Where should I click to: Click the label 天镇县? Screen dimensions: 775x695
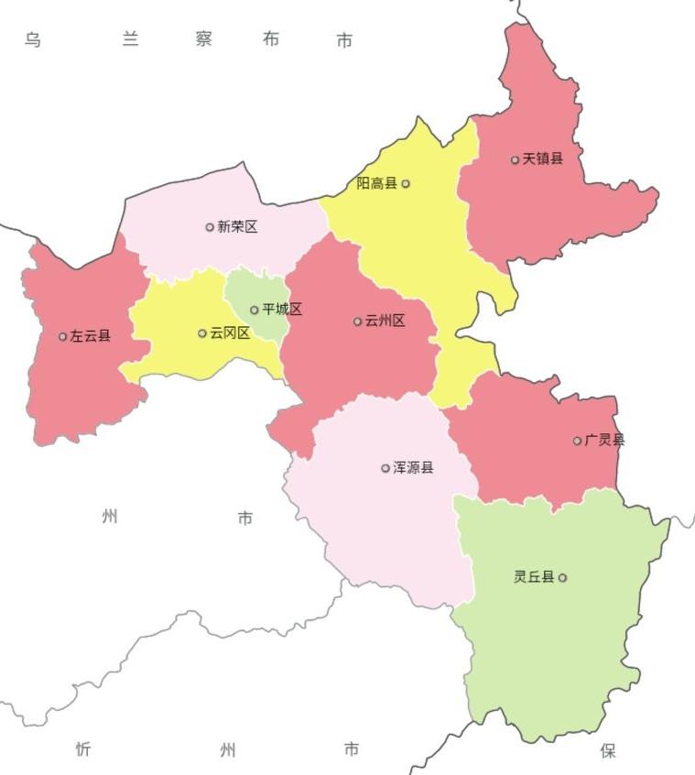coord(543,159)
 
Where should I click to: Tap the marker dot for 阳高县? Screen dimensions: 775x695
coord(406,184)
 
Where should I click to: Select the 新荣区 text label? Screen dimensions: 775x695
coord(237,227)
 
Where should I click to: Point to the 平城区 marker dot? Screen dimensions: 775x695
coord(255,310)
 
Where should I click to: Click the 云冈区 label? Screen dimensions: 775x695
coord(230,333)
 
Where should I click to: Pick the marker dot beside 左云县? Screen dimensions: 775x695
coord(62,336)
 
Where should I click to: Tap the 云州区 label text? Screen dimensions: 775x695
coord(385,322)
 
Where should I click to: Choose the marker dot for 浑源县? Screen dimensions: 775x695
coord(386,468)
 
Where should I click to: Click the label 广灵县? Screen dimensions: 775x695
coord(604,441)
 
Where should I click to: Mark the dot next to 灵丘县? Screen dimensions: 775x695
coord(562,578)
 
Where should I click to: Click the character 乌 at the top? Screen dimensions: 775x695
coord(33,39)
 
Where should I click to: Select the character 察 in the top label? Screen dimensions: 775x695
coord(204,39)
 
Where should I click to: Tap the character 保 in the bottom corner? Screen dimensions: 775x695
coord(608,751)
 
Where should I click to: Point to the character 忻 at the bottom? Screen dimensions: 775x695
coord(83,750)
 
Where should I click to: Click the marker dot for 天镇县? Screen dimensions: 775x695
coord(515,159)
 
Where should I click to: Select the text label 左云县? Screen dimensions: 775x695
coord(90,336)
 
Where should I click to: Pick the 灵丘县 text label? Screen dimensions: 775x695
coord(534,577)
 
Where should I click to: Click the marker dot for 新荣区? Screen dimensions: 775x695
coord(210,227)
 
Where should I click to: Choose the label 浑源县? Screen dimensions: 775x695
coord(413,468)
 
